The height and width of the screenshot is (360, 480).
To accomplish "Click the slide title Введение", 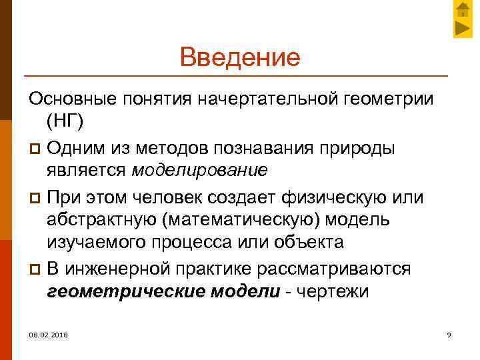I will (x=240, y=57).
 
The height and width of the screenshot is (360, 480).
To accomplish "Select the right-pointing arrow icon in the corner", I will (x=463, y=28).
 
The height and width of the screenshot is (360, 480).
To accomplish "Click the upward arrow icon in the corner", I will (x=463, y=10).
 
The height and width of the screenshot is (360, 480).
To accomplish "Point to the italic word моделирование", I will (x=199, y=170).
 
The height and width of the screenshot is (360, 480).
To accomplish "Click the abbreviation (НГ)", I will (x=67, y=122).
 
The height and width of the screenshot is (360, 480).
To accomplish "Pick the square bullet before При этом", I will (x=35, y=196).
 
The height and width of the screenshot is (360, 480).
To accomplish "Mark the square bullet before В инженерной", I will (x=35, y=268).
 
